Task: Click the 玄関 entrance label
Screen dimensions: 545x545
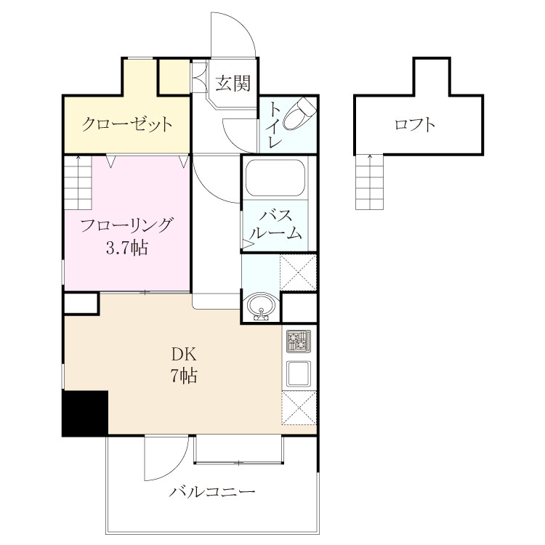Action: coord(233,84)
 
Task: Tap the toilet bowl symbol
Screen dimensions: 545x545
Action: coord(299,113)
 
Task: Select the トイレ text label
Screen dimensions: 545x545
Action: coord(275,125)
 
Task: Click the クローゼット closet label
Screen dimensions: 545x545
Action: coord(127,124)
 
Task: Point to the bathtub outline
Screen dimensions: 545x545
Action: coord(275,177)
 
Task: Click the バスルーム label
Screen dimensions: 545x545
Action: coord(275,225)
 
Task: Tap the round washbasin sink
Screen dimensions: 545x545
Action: coord(261,306)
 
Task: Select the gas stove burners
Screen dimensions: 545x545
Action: coord(298,341)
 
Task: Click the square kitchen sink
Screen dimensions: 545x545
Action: coord(299,373)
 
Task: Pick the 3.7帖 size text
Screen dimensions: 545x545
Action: coord(127,248)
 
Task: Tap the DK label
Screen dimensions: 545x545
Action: coord(184,355)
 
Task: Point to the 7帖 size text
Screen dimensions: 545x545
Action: coord(184,376)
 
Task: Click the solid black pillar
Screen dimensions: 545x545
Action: coord(85,413)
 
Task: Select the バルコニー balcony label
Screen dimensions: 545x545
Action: coord(212,491)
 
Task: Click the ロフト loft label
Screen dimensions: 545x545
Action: coord(415,124)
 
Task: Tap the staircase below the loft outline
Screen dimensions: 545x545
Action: coord(369,182)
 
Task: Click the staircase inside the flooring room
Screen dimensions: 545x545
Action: coord(78,182)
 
